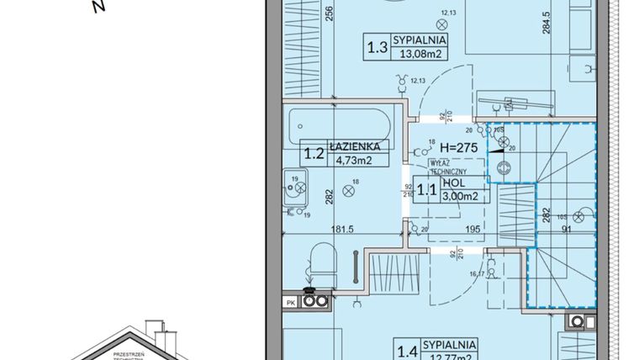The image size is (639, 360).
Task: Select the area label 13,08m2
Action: [421, 56]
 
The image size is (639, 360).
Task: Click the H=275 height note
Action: [458, 147]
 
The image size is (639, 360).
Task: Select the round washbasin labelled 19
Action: [295, 190]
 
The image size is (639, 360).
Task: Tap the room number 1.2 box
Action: [314, 152]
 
